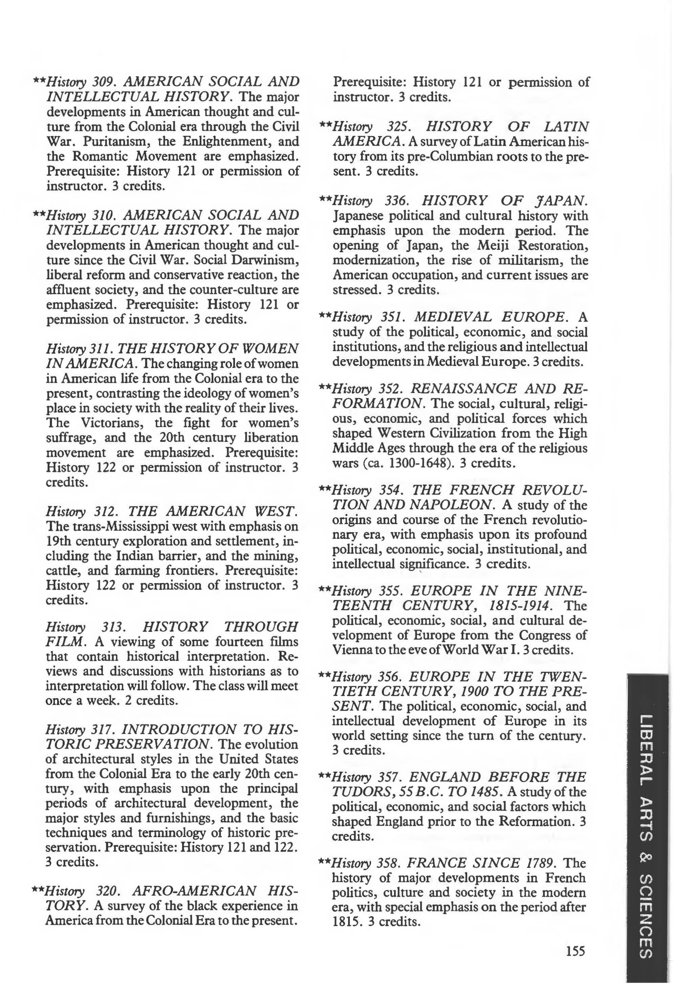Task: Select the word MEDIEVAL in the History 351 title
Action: tap(452, 316)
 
